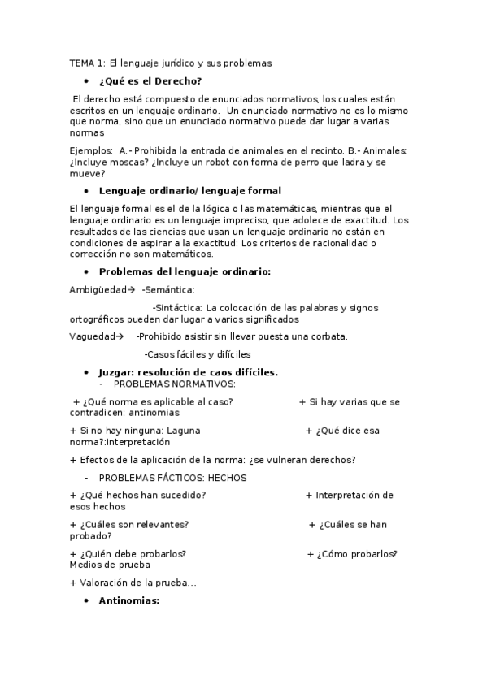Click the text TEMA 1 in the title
click(x=82, y=62)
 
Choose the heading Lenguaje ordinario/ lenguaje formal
click(x=189, y=191)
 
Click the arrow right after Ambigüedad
click(x=130, y=288)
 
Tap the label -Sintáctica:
click(x=177, y=307)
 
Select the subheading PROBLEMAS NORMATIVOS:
click(x=174, y=383)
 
